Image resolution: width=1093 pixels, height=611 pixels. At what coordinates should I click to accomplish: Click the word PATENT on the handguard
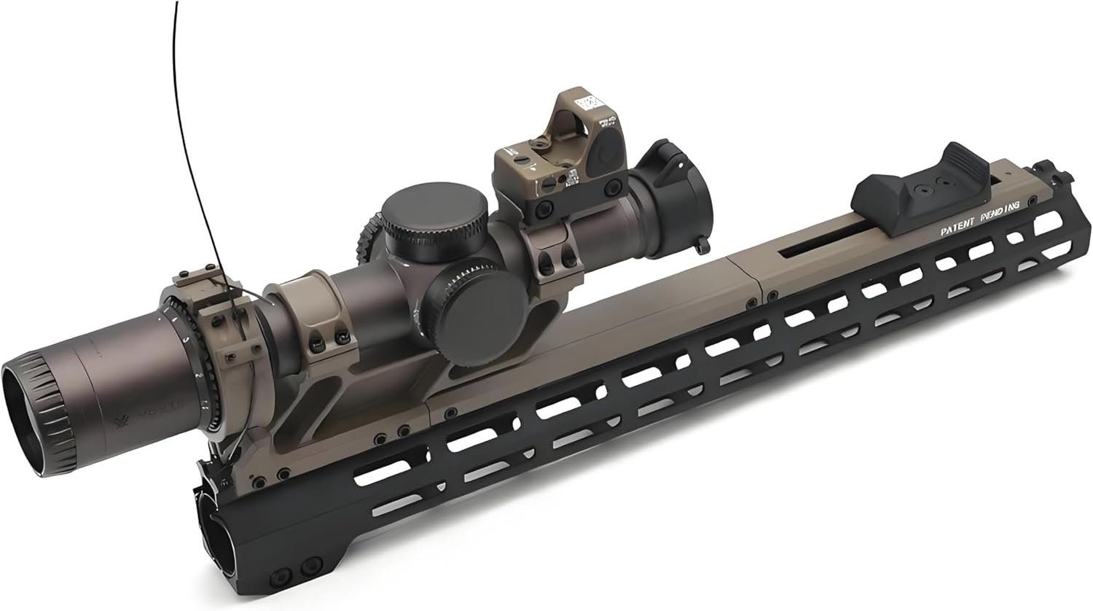pos(956,229)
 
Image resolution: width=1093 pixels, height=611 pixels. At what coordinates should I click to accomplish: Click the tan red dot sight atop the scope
pos(561,149)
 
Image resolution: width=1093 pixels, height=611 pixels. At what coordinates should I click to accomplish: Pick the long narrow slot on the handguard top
pos(823,244)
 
